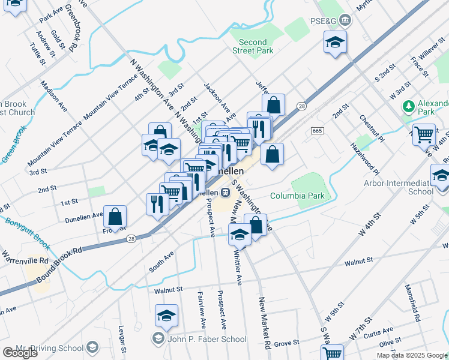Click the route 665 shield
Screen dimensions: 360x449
318,131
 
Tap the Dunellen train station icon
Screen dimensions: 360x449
225,193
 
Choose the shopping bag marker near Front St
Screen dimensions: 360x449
115,217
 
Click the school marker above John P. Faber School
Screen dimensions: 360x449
166,316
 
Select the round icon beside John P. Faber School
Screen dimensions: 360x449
157,338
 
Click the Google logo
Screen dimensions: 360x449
19,353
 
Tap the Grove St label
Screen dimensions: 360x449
287,343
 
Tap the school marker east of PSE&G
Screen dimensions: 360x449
335,43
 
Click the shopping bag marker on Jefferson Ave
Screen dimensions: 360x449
274,106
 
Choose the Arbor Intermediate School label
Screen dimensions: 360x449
407,187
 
